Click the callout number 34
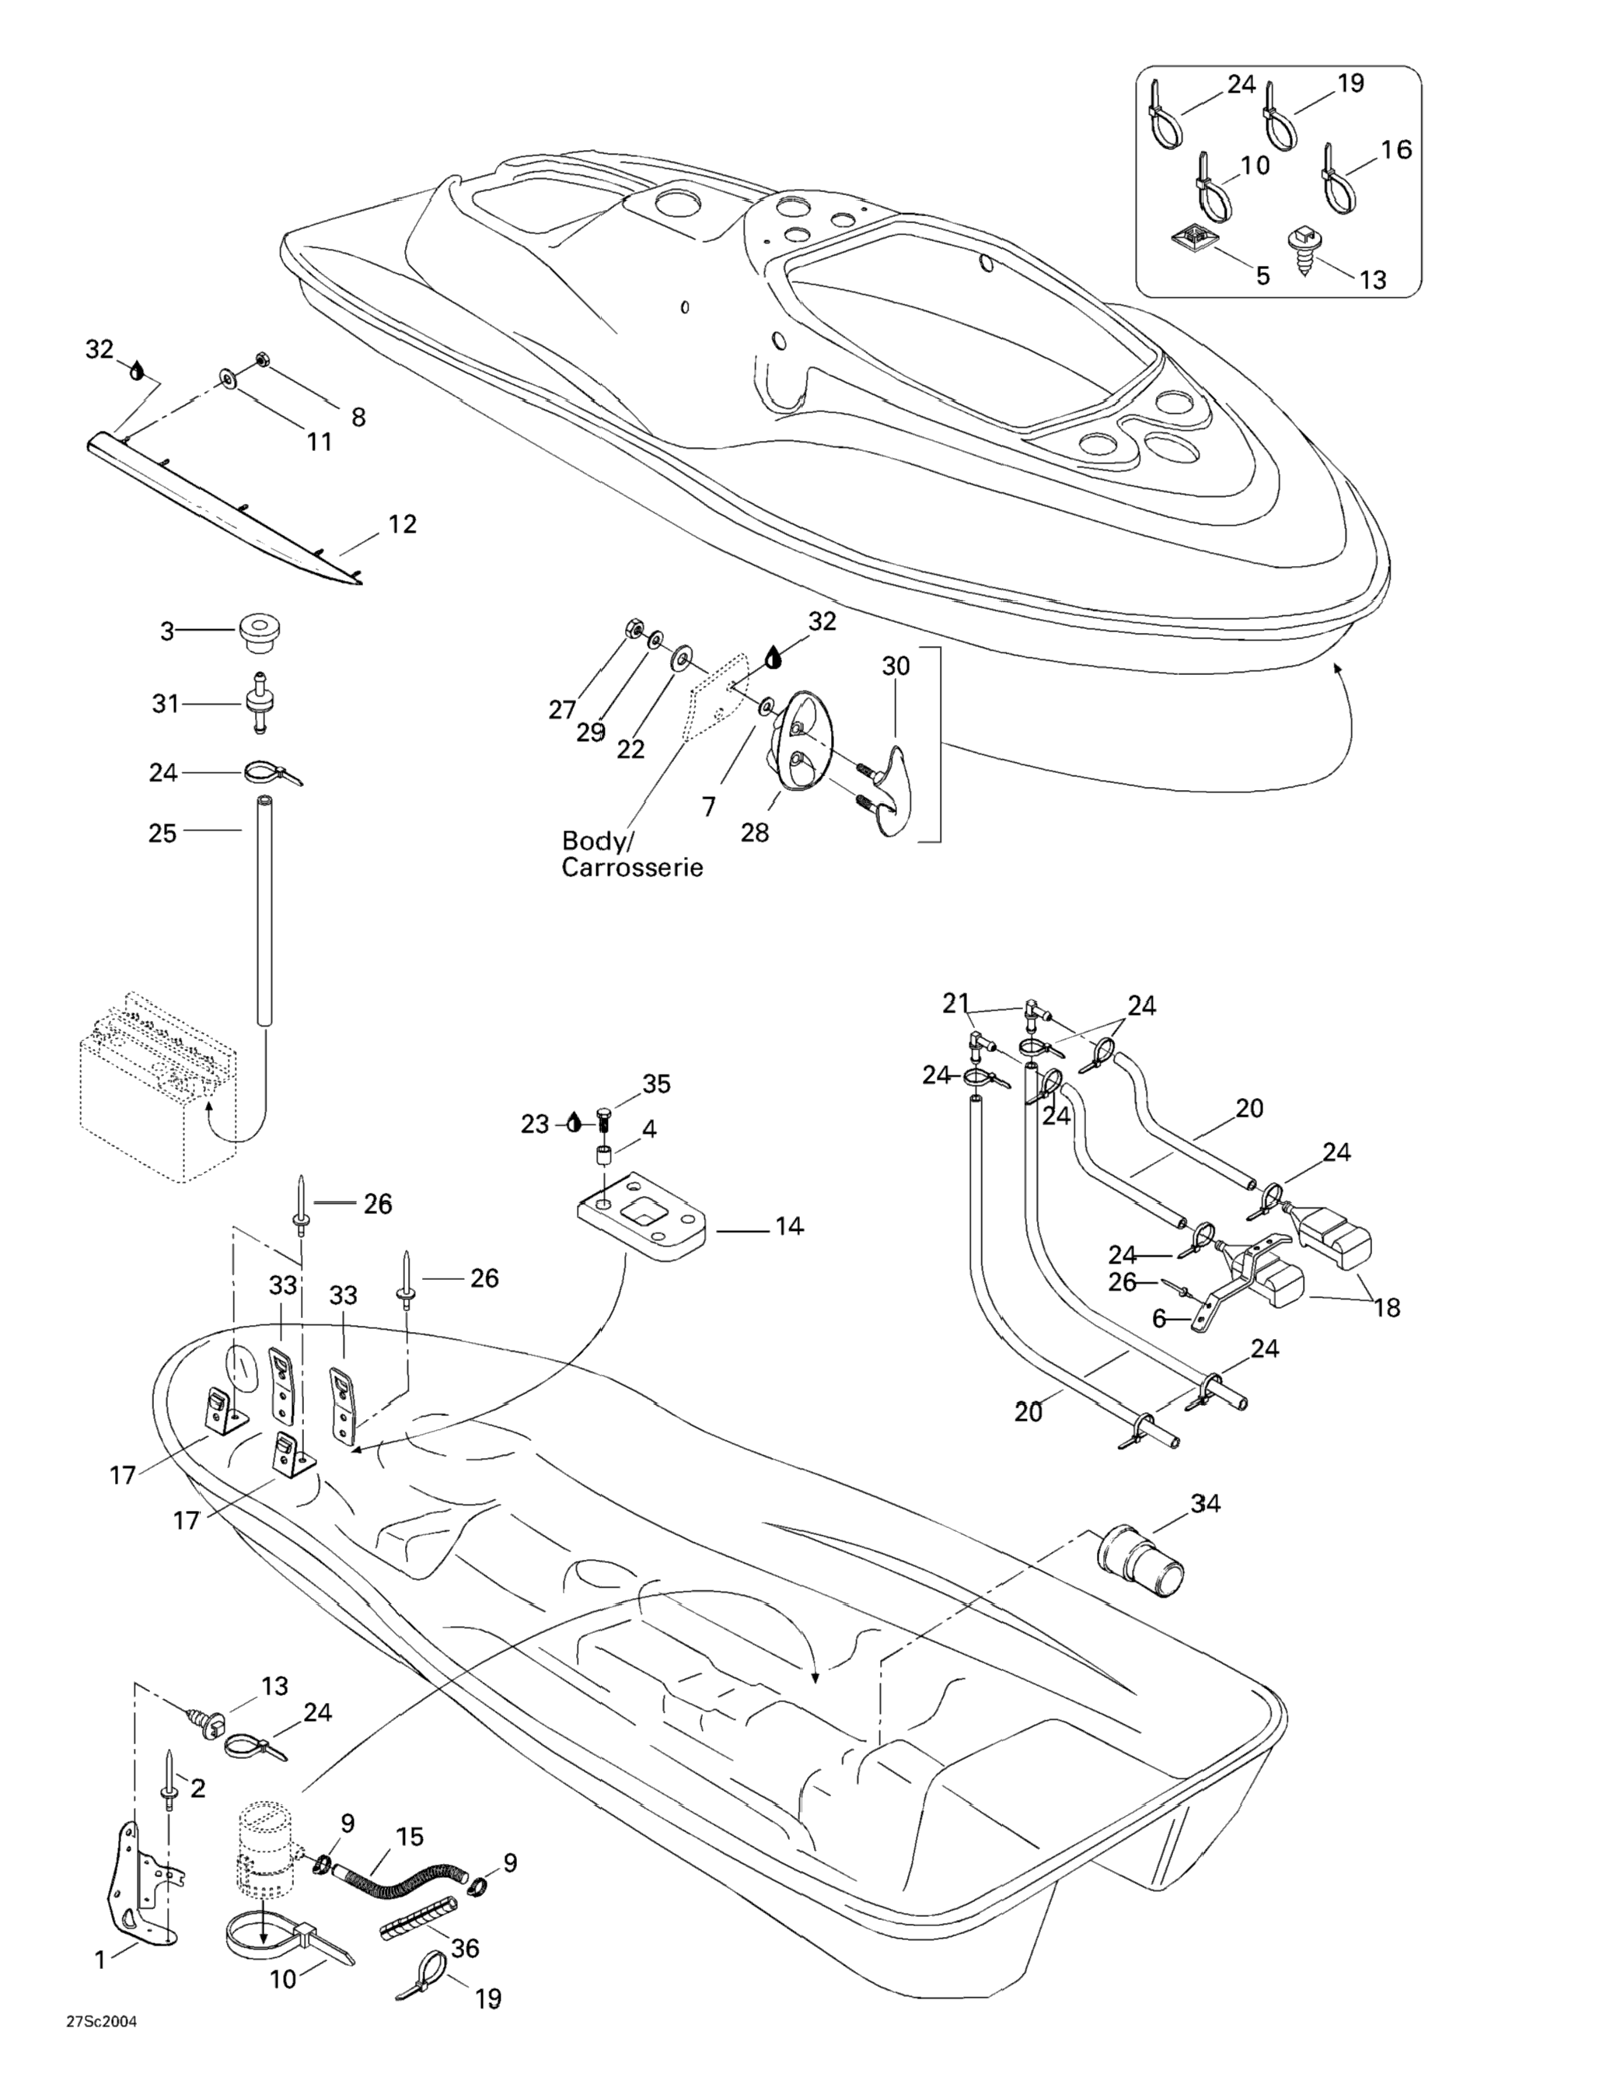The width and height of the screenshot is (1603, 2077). pos(1206,1504)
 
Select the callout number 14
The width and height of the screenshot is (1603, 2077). pos(788,1227)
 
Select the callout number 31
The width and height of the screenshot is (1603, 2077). pos(166,704)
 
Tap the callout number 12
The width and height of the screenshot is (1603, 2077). pos(402,524)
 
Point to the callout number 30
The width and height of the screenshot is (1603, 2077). pos(896,666)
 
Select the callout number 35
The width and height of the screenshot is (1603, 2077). pos(656,1084)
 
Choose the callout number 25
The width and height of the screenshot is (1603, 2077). pos(162,833)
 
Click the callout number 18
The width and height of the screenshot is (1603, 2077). pos(1387,1308)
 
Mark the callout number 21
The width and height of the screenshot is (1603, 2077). pos(955,1002)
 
